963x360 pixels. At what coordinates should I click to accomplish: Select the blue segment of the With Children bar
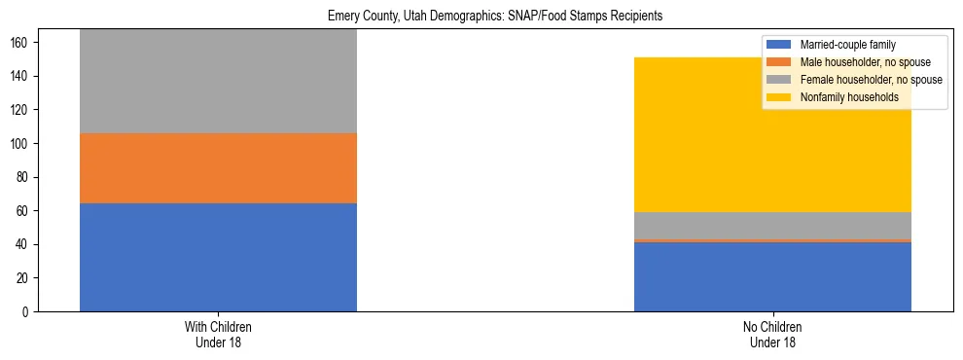click(218, 257)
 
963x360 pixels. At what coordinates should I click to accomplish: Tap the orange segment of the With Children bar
click(218, 168)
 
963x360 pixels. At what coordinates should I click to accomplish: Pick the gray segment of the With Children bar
click(218, 82)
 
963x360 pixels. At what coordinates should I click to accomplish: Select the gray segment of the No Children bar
click(772, 226)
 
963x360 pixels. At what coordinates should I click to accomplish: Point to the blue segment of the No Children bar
click(772, 276)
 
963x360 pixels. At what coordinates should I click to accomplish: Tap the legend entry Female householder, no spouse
click(870, 80)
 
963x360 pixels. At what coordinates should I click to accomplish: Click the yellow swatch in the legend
click(779, 97)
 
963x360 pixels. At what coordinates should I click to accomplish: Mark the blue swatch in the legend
click(779, 45)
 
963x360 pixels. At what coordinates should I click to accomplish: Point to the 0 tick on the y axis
click(28, 312)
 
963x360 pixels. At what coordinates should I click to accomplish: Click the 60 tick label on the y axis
click(25, 211)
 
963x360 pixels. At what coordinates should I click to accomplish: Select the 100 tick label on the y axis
click(22, 144)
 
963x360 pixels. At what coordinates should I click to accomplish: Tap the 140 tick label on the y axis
click(22, 77)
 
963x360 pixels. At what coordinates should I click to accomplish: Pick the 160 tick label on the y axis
click(22, 43)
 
